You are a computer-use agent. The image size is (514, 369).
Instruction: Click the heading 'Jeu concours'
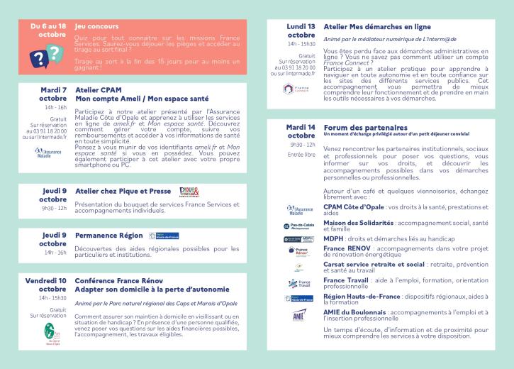click(97, 26)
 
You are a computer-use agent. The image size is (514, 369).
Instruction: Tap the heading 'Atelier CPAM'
click(99, 91)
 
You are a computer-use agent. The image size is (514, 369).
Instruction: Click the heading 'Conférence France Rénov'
click(123, 280)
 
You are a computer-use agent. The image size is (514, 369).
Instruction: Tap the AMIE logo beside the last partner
click(298, 316)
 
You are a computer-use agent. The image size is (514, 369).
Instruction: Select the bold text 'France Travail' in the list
click(347, 280)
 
